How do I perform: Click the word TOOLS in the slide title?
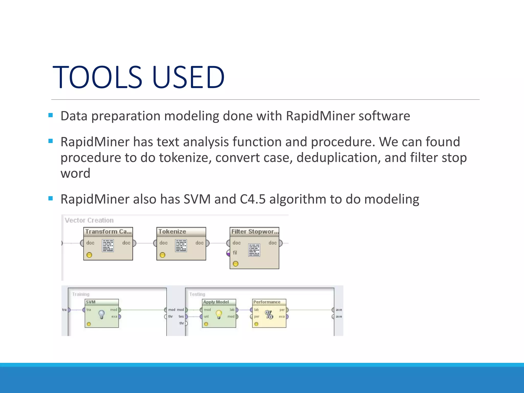pyautogui.click(x=97, y=77)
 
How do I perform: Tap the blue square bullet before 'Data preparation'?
pyautogui.click(x=50, y=115)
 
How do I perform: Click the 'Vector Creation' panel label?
pyautogui.click(x=89, y=220)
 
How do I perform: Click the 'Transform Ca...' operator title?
pyautogui.click(x=108, y=232)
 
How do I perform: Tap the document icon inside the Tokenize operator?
pyautogui.click(x=181, y=246)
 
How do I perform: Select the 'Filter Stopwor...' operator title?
pyautogui.click(x=255, y=232)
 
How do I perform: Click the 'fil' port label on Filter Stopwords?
pyautogui.click(x=235, y=253)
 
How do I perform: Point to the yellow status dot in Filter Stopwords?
pyautogui.click(x=236, y=264)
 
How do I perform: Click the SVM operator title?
pyautogui.click(x=91, y=302)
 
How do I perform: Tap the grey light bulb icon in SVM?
pyautogui.click(x=102, y=314)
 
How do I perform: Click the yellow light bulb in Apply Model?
pyautogui.click(x=219, y=314)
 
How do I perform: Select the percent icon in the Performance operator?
pyautogui.click(x=269, y=314)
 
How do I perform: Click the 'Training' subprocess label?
pyautogui.click(x=81, y=294)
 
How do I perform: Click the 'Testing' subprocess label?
pyautogui.click(x=197, y=294)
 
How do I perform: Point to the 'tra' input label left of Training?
pyautogui.click(x=64, y=310)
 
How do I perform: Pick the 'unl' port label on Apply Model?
pyautogui.click(x=206, y=316)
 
